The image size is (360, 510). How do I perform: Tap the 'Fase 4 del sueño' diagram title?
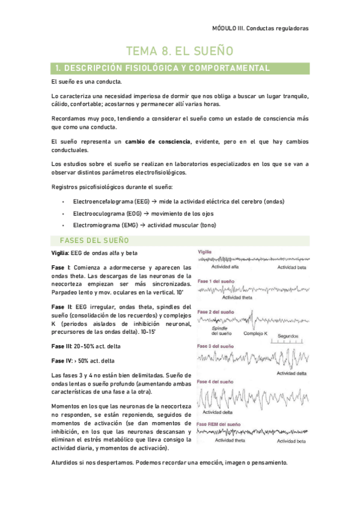coord(216,382)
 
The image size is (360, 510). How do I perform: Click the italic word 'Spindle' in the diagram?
coord(219,328)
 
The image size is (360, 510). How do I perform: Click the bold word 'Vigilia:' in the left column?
coord(61,253)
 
